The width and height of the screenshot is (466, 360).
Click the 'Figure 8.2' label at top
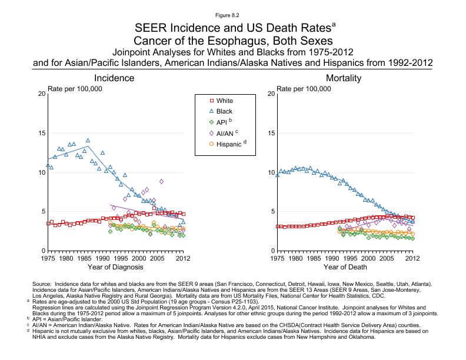tap(232, 14)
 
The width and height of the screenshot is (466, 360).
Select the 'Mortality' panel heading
tap(344, 78)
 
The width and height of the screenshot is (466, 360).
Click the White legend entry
tap(225, 101)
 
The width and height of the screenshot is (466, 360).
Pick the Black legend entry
tap(225, 111)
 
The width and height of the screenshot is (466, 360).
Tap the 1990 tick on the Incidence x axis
tap(102, 258)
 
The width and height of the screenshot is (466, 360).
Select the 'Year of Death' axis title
tap(344, 268)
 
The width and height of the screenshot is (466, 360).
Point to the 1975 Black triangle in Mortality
tap(277, 175)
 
